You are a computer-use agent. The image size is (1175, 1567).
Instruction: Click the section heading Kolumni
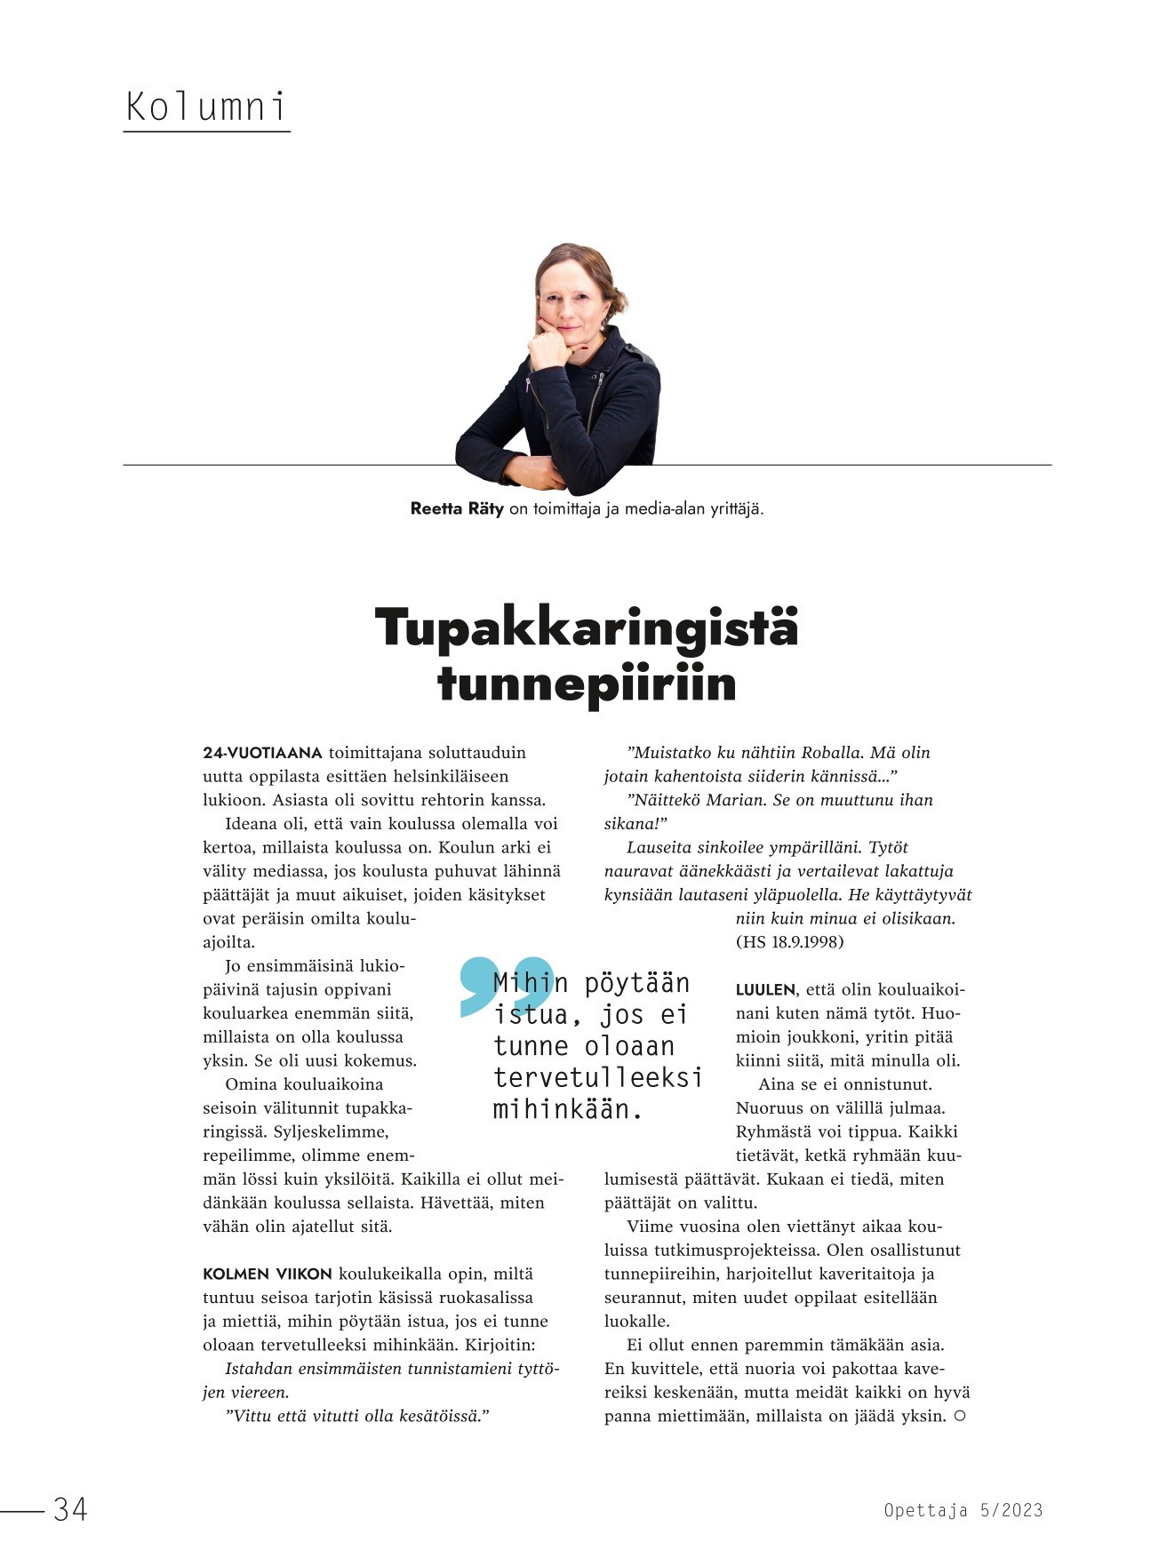pyautogui.click(x=206, y=108)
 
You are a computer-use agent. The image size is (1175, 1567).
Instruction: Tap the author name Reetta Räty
pyautogui.click(x=457, y=509)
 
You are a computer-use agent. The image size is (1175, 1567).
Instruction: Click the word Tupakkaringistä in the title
pyautogui.click(x=587, y=628)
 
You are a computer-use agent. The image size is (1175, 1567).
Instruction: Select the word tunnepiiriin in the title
pyautogui.click(x=587, y=684)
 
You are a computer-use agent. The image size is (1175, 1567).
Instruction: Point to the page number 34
pyautogui.click(x=70, y=1509)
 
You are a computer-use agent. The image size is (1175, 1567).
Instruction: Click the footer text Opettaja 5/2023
pyautogui.click(x=963, y=1510)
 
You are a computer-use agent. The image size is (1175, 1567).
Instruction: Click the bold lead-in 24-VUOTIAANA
pyautogui.click(x=262, y=753)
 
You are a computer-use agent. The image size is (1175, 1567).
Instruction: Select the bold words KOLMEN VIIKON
pyautogui.click(x=268, y=1275)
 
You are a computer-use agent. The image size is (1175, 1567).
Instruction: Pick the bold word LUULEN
pyautogui.click(x=765, y=990)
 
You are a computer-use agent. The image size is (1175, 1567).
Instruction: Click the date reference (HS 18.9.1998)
pyautogui.click(x=789, y=942)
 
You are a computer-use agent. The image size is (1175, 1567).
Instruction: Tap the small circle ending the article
pyautogui.click(x=960, y=1416)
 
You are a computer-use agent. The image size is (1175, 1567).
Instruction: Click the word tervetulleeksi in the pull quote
pyautogui.click(x=597, y=1078)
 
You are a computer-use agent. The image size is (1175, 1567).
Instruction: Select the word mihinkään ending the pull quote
pyautogui.click(x=567, y=1110)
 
